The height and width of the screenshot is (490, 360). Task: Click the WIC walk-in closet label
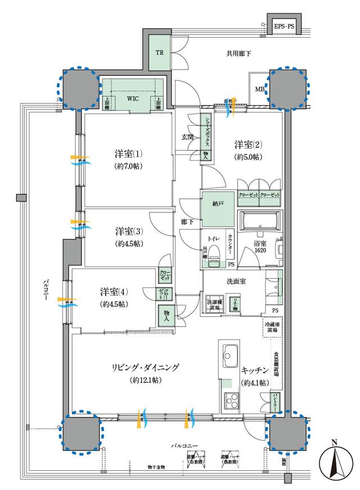pos(132,98)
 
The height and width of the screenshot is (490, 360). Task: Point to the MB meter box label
pos(259,89)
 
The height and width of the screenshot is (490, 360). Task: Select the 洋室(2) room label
pos(249,145)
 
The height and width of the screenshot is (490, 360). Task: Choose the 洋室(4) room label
pos(114,292)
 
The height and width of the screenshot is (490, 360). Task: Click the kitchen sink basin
pos(230,355)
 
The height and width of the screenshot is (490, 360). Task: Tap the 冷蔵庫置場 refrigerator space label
pos(272,328)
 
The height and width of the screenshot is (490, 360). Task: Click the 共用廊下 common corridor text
pos(238,55)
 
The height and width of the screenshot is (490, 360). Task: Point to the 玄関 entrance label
pos(187,137)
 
